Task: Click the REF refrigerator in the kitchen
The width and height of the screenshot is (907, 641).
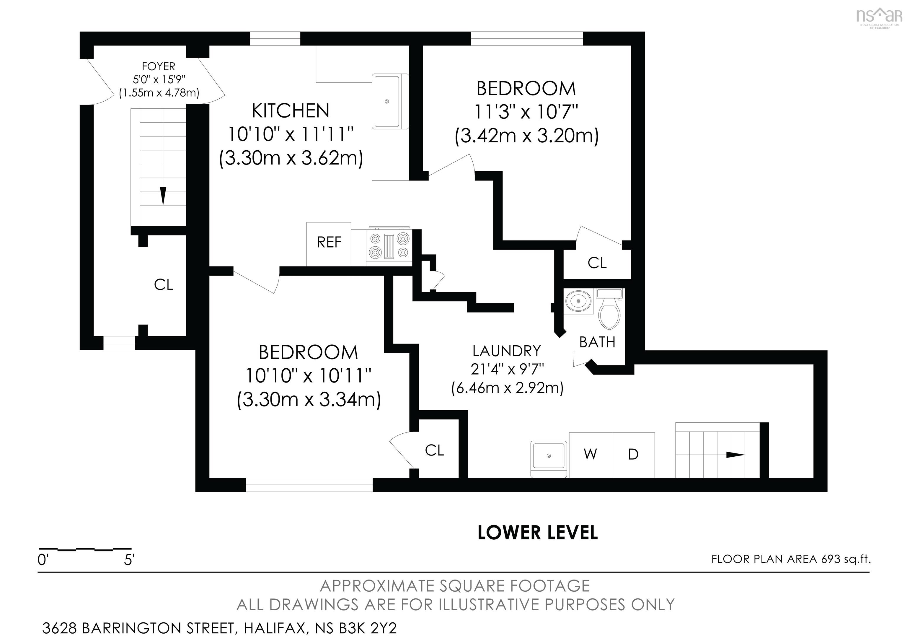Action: (329, 244)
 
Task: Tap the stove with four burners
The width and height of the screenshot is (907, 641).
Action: (389, 245)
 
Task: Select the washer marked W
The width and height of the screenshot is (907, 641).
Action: (590, 455)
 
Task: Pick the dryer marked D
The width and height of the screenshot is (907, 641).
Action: (633, 455)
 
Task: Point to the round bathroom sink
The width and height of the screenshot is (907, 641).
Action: (579, 301)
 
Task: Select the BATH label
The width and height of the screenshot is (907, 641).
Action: (597, 342)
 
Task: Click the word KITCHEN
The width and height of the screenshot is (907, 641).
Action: (291, 111)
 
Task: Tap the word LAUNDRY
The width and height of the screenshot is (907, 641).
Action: (507, 351)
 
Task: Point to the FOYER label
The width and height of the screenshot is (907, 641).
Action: (159, 66)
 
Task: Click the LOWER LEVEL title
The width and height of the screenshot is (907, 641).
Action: (538, 533)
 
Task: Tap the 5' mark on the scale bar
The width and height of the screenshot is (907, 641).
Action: (130, 560)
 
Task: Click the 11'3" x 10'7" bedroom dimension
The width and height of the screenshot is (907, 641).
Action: (526, 112)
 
